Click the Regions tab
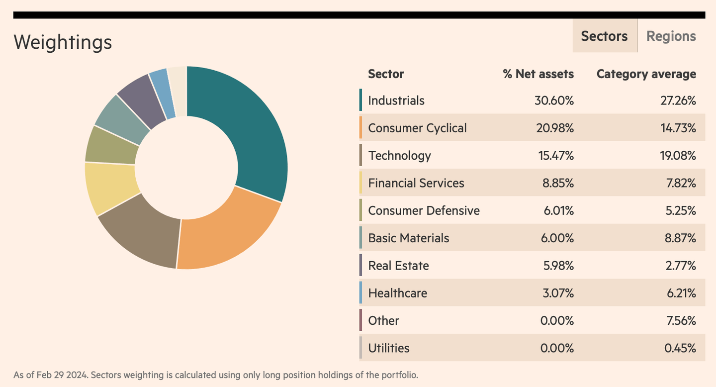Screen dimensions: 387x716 671,36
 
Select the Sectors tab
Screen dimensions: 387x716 604,36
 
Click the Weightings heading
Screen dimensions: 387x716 63,42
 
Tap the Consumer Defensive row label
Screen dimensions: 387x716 424,211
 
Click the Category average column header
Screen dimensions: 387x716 646,74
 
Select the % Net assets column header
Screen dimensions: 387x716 538,74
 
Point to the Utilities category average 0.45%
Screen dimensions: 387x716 680,348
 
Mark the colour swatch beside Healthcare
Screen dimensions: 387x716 360,293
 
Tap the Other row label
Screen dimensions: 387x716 383,321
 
